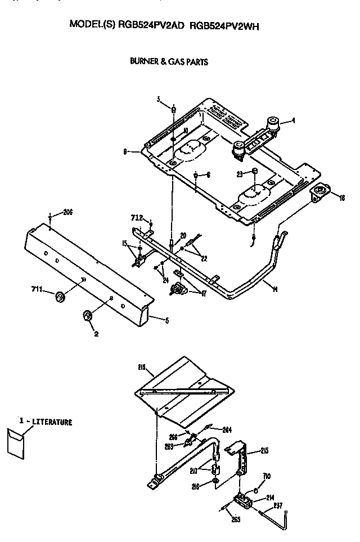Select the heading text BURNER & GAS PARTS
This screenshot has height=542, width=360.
(x=169, y=62)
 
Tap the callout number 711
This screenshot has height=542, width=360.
(x=37, y=289)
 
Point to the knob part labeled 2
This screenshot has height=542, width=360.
(x=87, y=316)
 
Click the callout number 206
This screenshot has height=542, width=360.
(x=68, y=212)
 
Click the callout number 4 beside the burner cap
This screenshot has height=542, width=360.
(x=292, y=120)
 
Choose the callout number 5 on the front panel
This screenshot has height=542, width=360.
(x=166, y=321)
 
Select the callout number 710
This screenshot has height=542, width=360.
(x=267, y=476)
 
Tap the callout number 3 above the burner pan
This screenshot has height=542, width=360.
(x=159, y=99)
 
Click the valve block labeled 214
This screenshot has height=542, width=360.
(x=242, y=498)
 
